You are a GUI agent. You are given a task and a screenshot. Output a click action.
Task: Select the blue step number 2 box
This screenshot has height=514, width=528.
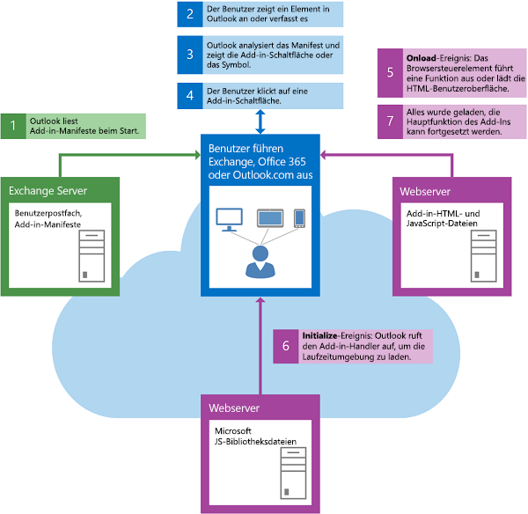click(190, 14)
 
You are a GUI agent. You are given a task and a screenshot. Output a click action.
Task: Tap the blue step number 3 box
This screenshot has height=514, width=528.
click(190, 54)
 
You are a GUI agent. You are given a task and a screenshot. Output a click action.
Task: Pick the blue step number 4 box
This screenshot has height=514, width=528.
click(190, 93)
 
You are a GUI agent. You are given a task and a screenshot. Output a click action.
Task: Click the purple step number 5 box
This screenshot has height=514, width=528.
click(390, 71)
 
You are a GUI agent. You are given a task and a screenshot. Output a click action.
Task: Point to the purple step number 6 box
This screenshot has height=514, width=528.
click(286, 346)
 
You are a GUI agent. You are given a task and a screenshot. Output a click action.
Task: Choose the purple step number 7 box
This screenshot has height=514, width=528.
click(390, 121)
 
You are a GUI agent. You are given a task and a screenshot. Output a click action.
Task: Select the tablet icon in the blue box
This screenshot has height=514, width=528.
click(269, 217)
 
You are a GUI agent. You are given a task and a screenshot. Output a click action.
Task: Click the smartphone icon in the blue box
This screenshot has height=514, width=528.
click(299, 217)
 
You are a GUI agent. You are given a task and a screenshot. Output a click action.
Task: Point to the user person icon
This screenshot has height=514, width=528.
click(260, 259)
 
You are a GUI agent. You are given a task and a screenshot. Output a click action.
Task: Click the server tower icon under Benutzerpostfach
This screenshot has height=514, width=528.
click(92, 255)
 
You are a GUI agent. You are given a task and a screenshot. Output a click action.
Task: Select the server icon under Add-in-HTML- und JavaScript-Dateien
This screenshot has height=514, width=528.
click(484, 255)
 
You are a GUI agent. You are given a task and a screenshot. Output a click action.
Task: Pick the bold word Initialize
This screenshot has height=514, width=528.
click(321, 335)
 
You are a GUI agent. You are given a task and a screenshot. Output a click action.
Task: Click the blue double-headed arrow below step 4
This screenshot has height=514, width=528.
click(260, 120)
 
